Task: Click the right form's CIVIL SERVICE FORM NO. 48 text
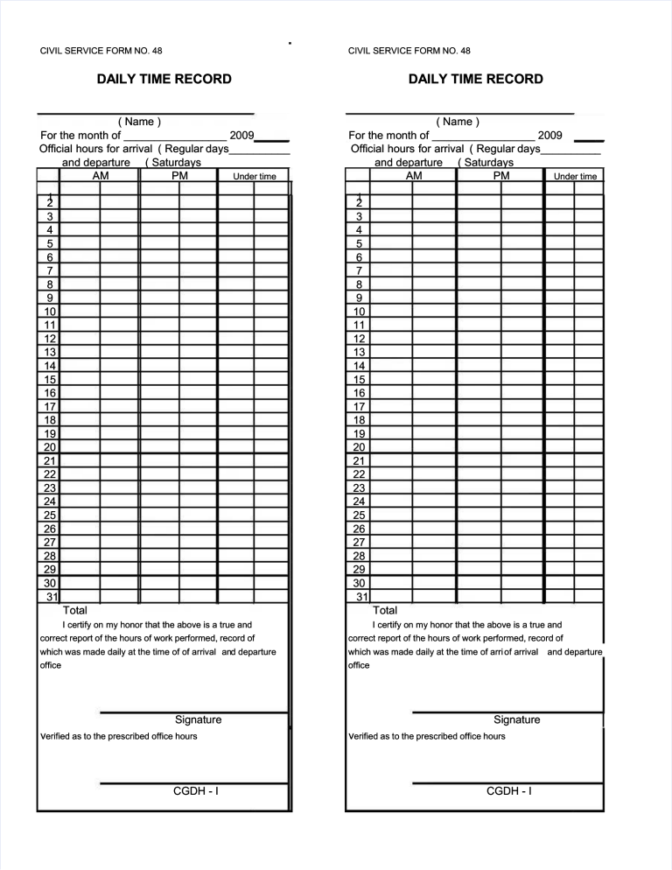(x=409, y=51)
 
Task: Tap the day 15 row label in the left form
(x=51, y=379)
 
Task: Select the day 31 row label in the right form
(x=360, y=596)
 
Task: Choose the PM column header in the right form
(x=501, y=176)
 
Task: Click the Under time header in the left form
(x=254, y=177)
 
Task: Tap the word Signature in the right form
(x=516, y=719)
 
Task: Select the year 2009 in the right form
(x=550, y=136)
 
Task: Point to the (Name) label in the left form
(x=139, y=122)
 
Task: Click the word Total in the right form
(x=385, y=610)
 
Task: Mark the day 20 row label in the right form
(x=359, y=446)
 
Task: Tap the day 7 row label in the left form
(x=51, y=270)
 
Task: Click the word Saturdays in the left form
(x=174, y=162)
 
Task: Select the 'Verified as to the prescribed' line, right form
(x=427, y=736)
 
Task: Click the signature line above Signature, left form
(x=193, y=712)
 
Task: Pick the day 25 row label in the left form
(x=51, y=515)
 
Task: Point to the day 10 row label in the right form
(x=359, y=311)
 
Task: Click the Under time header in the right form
(x=575, y=177)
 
